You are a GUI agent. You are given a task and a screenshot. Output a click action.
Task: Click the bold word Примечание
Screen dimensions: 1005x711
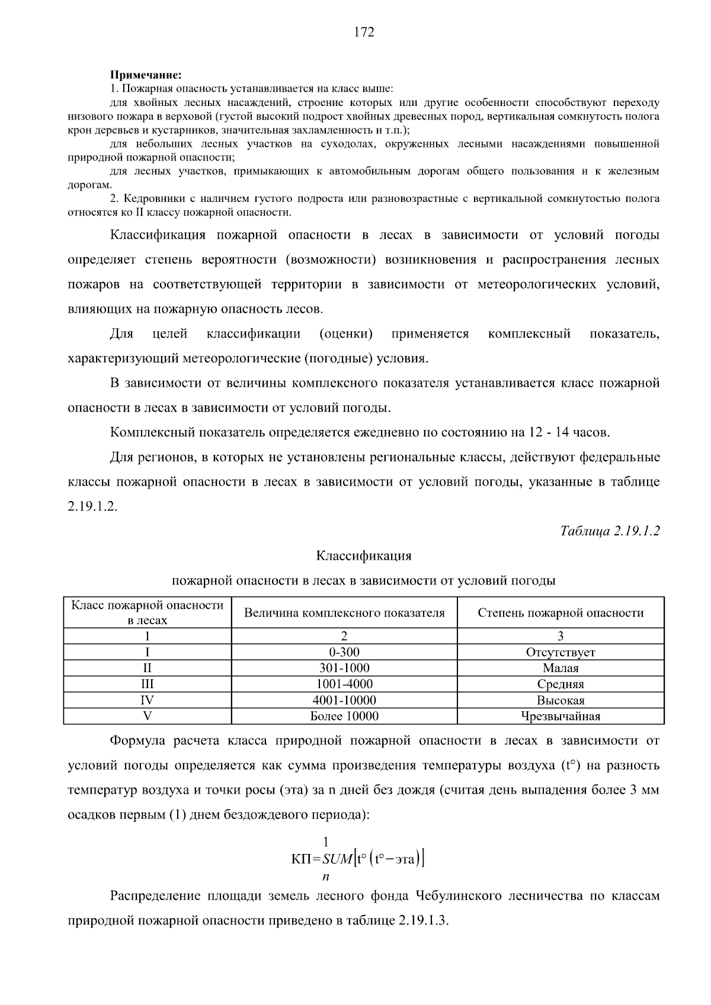145,75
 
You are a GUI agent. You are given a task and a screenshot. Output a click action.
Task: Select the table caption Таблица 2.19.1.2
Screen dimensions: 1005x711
610,531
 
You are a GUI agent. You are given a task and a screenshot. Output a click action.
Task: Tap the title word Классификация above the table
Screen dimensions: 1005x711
363,556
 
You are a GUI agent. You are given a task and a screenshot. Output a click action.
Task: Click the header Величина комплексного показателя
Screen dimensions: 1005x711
344,613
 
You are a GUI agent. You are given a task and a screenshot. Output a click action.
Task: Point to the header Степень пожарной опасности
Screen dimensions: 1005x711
561,613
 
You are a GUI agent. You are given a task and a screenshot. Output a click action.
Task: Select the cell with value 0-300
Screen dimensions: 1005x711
344,652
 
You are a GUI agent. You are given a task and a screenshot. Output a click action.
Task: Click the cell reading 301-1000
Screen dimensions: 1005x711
344,668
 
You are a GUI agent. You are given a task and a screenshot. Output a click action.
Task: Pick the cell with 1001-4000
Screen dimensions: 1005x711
344,684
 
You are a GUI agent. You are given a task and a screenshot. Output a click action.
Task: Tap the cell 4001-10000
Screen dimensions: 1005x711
344,700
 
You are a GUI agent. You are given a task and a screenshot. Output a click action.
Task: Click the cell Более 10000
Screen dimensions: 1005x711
344,716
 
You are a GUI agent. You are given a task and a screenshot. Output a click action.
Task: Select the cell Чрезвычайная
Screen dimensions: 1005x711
561,716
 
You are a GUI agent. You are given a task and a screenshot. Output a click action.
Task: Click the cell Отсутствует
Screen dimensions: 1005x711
561,652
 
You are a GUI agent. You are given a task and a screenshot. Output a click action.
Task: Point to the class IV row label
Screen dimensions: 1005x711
147,700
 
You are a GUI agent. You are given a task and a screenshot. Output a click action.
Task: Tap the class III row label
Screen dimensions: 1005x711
147,684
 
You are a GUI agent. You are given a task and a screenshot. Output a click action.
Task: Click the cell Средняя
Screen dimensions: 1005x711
561,684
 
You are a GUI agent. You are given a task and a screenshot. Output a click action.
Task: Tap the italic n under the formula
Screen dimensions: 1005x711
325,876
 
